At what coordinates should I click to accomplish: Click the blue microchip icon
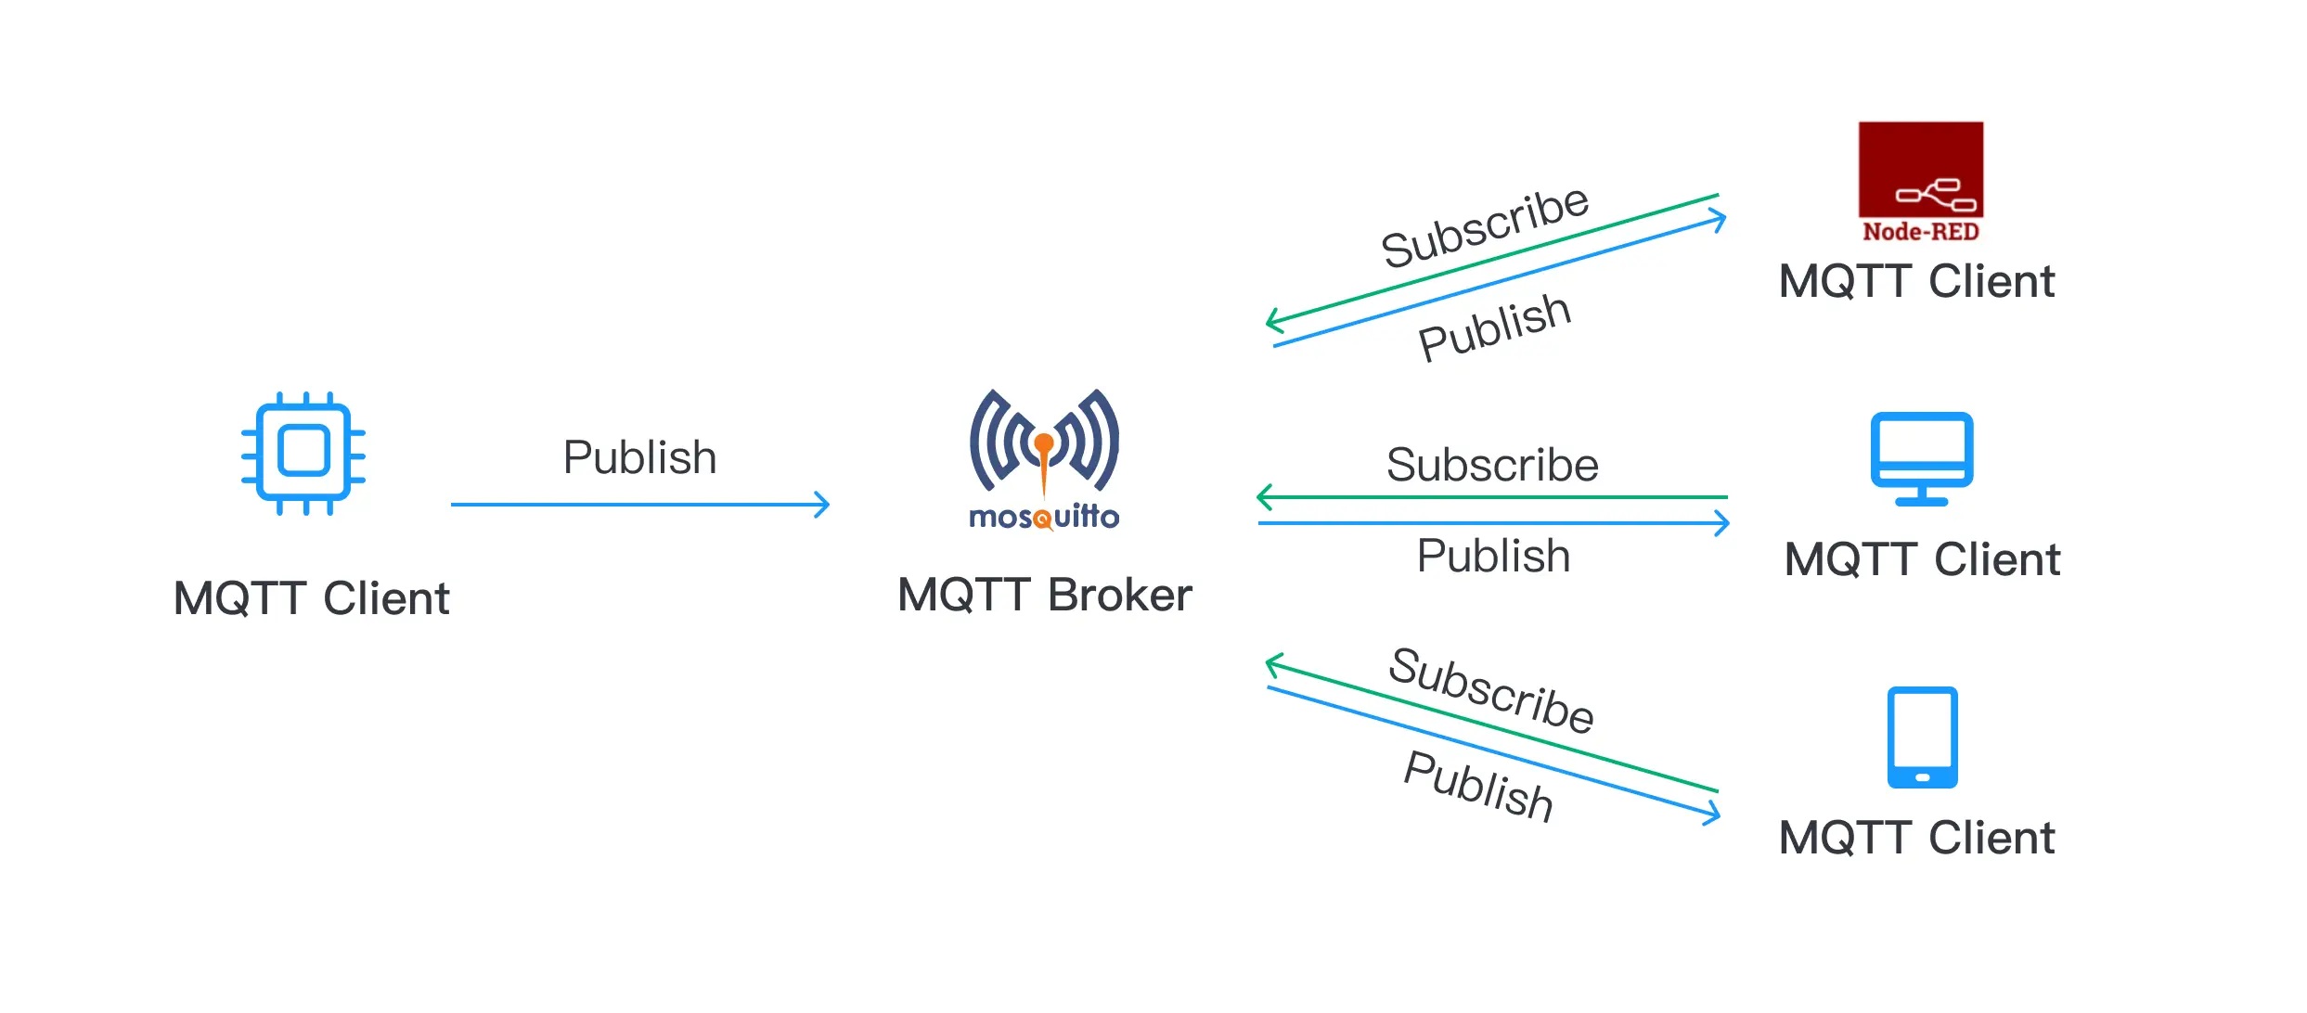[x=303, y=453]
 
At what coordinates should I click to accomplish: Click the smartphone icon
[x=1922, y=737]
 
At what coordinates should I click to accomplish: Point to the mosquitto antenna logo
[x=1044, y=441]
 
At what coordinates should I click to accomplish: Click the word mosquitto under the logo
[x=1044, y=516]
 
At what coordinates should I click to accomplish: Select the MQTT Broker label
[x=1044, y=595]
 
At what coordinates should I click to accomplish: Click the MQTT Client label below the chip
[x=311, y=598]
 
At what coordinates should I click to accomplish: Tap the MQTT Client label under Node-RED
[x=1916, y=281]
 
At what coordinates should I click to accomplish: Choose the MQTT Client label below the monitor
[x=1922, y=559]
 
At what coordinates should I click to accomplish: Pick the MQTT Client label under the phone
[x=1916, y=838]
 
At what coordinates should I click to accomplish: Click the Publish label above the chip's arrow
[x=639, y=457]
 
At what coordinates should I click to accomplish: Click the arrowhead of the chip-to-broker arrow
[x=822, y=505]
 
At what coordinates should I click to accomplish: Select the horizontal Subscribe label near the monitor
[x=1492, y=465]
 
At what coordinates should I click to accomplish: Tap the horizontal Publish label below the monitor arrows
[x=1493, y=556]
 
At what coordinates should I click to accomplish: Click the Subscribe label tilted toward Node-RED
[x=1485, y=226]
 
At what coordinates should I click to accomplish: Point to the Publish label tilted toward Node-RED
[x=1494, y=326]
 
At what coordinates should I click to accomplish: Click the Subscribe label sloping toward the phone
[x=1491, y=690]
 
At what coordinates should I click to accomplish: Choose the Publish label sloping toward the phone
[x=1478, y=786]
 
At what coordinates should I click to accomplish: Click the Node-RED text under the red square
[x=1920, y=231]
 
